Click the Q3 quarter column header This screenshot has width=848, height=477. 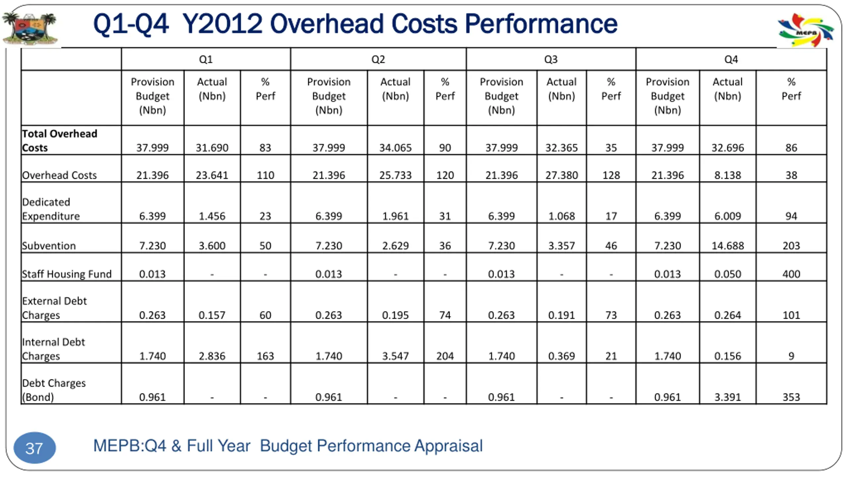[551, 59]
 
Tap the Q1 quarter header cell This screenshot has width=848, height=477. [206, 59]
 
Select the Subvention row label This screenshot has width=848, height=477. [49, 245]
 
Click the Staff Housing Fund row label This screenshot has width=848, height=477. [67, 274]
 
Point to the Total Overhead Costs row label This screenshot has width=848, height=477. [60, 140]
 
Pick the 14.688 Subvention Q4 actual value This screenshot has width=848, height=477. [727, 245]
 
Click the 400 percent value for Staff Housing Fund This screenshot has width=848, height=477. [791, 274]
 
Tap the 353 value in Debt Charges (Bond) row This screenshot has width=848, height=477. [791, 397]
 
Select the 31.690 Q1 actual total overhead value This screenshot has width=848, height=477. [212, 147]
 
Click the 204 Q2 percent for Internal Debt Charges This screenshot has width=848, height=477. [445, 356]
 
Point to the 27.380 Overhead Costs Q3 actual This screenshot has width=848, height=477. [561, 175]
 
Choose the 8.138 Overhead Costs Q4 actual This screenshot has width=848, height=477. [727, 175]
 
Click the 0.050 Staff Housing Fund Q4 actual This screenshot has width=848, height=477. [727, 274]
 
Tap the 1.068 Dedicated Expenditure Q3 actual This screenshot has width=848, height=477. [561, 216]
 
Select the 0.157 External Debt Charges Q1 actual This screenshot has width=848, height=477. [212, 315]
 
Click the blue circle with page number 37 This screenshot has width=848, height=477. [34, 448]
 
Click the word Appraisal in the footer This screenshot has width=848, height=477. [449, 446]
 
